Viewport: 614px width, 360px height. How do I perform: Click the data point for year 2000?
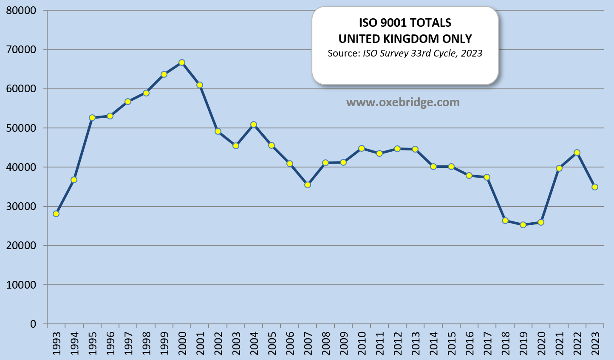coord(182,62)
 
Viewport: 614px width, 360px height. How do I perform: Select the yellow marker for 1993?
coord(56,214)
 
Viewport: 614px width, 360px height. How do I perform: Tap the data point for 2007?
coord(308,185)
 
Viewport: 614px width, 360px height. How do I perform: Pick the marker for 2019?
coord(523,225)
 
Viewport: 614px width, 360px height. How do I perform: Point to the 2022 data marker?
coord(577,153)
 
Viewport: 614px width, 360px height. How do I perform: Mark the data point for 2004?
coord(254,125)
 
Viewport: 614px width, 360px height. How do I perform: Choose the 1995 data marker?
coord(92,118)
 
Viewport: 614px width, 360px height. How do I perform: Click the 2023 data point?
coord(595,187)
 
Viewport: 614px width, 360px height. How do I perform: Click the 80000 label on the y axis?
coord(21,10)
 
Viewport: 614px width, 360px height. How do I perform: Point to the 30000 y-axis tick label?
coord(21,207)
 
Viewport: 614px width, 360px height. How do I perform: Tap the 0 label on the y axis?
coord(33,324)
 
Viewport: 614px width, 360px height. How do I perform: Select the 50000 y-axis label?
coord(21,128)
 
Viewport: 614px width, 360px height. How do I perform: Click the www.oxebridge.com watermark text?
coord(403,102)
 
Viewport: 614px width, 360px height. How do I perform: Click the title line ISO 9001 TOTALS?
coord(405,23)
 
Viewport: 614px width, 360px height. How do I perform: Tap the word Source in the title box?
coord(343,54)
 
